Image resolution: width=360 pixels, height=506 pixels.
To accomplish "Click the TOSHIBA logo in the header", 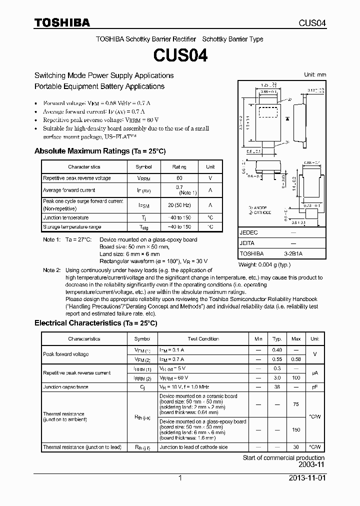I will [x=61, y=22].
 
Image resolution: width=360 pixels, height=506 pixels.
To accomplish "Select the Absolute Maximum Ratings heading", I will [x=99, y=151].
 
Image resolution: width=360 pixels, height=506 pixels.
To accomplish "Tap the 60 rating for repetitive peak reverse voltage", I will [x=179, y=178].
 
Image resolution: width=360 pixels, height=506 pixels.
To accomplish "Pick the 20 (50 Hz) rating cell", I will [x=179, y=204].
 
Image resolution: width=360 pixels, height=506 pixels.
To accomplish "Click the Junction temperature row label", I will [x=65, y=218].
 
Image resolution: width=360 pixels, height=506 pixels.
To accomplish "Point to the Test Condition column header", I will [x=203, y=339].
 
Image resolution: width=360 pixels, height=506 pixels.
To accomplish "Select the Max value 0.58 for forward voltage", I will [x=296, y=359].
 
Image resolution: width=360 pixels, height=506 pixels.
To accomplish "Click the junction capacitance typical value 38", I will [x=276, y=387].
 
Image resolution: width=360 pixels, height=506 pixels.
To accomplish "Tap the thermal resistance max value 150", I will [x=296, y=429].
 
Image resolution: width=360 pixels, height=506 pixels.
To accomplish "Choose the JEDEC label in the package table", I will [x=248, y=233].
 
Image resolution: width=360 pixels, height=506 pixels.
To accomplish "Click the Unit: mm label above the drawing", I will [x=315, y=74].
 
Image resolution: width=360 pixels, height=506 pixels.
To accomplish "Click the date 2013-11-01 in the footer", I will [x=306, y=478].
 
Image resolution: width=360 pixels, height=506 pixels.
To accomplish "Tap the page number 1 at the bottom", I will [x=180, y=478].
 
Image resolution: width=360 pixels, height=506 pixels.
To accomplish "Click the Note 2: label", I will [x=52, y=270].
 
